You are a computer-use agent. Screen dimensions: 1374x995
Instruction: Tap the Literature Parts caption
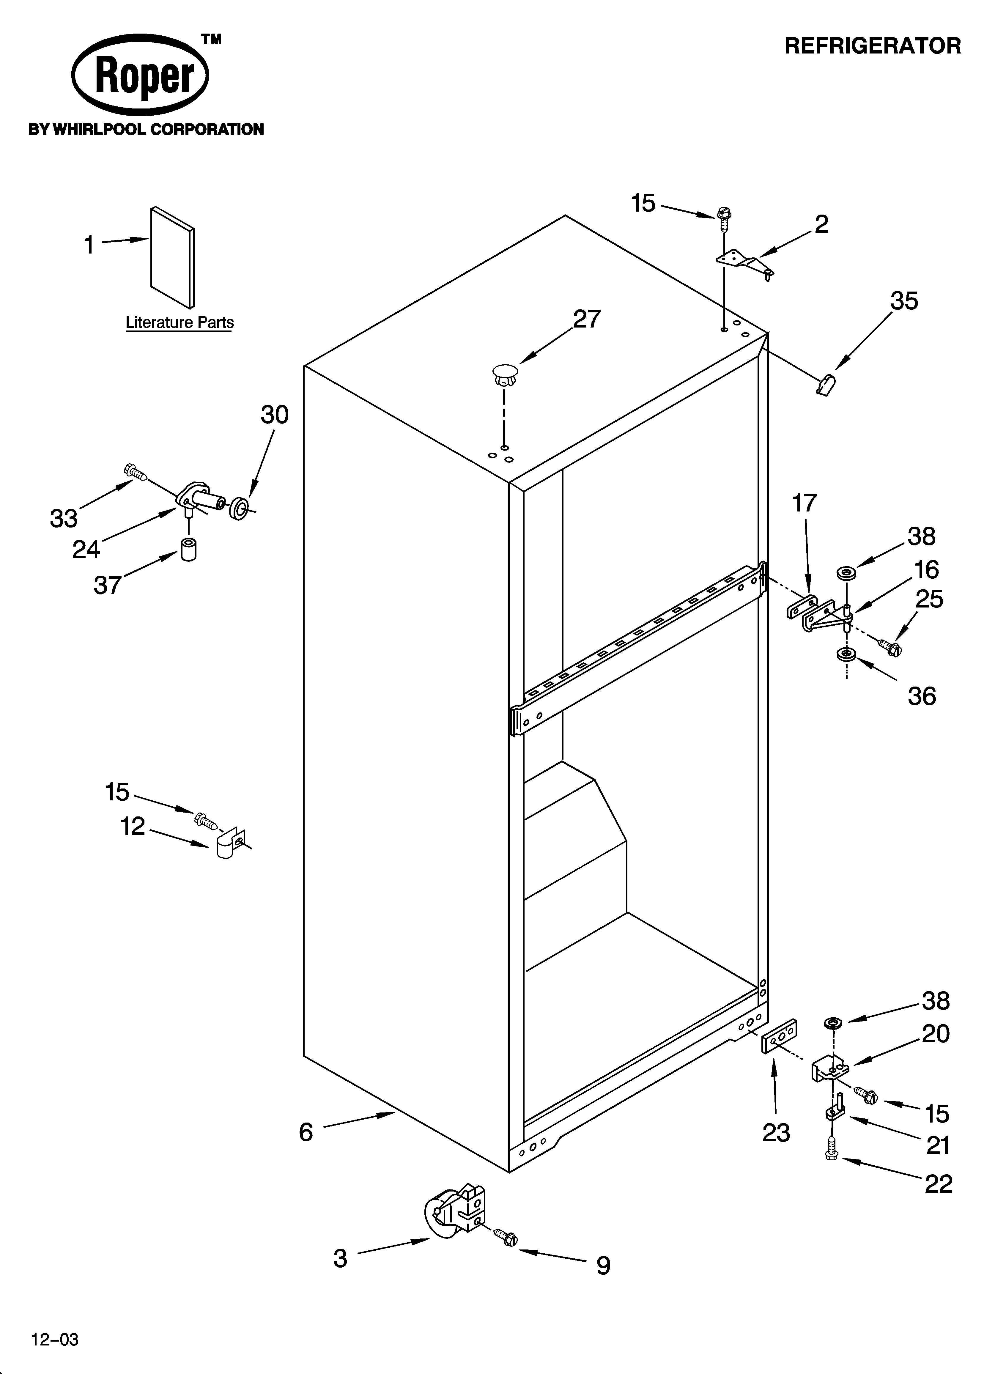pos(180,322)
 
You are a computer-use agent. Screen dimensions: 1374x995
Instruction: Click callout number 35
pos(903,301)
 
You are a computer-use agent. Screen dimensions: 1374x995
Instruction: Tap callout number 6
pos(306,1132)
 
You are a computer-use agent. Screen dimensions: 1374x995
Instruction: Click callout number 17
pos(804,503)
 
